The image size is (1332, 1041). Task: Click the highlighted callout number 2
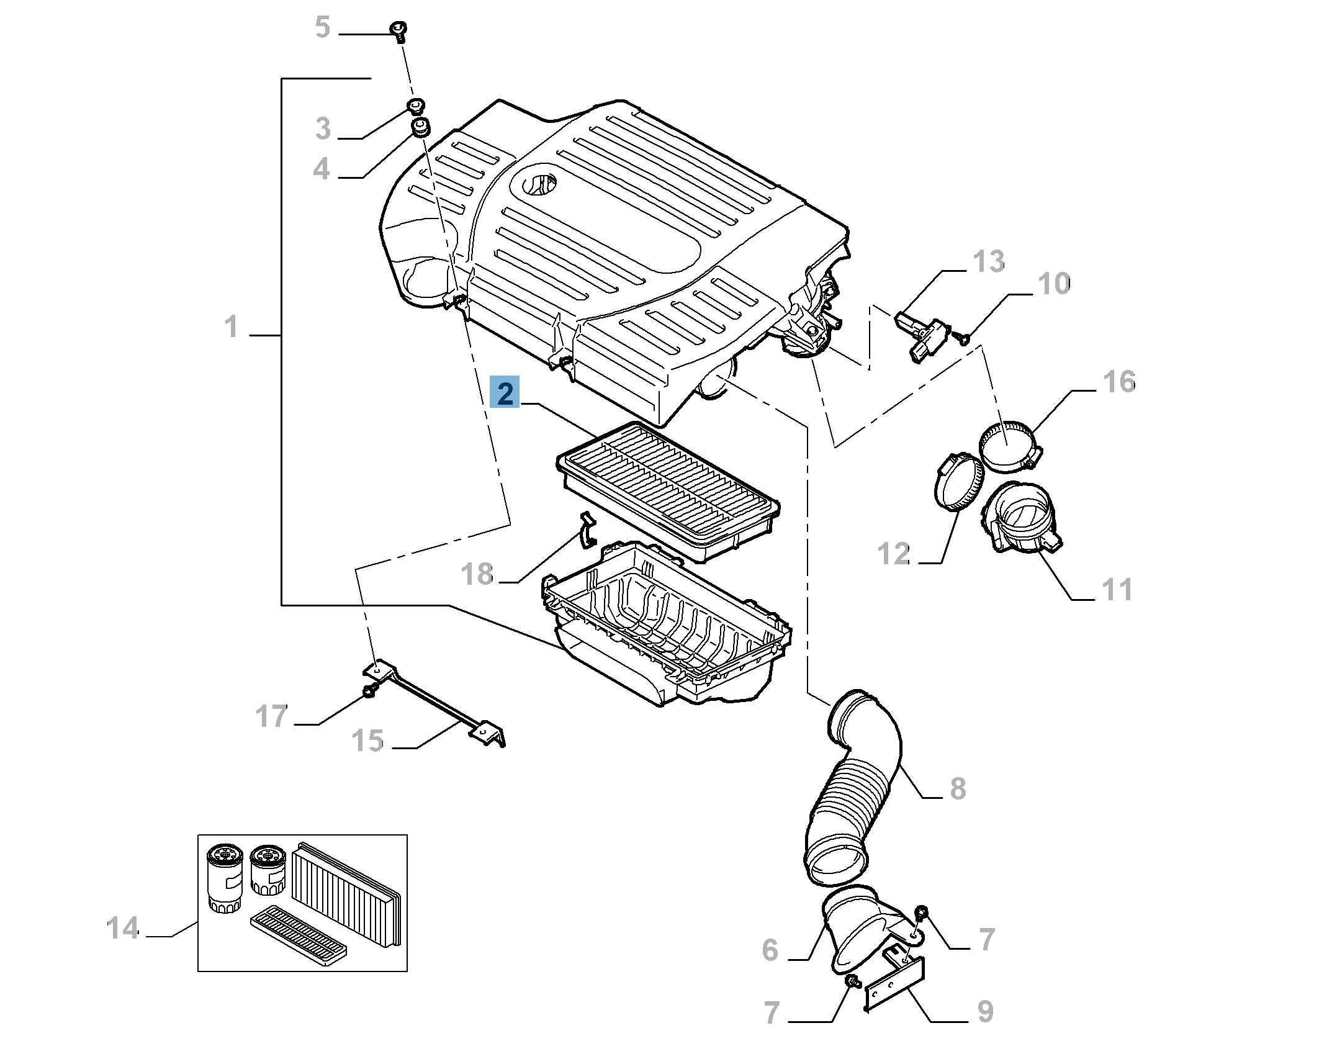pos(504,392)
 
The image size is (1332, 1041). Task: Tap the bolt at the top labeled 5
pos(398,30)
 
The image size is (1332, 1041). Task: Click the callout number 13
pos(988,262)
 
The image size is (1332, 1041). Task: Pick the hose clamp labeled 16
pos(1009,445)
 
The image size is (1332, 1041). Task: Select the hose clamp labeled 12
pos(958,481)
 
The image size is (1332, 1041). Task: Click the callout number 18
pos(477,574)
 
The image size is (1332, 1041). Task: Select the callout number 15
pos(367,741)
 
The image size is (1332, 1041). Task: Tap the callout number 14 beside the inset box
pos(122,928)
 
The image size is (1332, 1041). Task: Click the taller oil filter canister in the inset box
pos(224,878)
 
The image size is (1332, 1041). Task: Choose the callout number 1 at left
pos(231,327)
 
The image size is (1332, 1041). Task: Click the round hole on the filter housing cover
pos(538,183)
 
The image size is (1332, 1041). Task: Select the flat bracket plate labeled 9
pos(894,983)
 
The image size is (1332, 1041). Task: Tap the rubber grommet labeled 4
pos(421,129)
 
